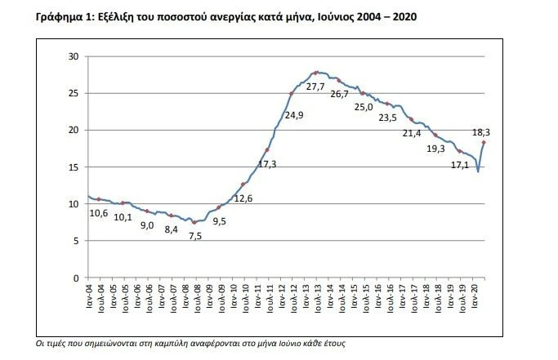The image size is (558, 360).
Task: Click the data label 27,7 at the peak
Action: [x=316, y=87]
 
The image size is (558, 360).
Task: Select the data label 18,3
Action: [x=482, y=132]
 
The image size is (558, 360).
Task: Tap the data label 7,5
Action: [x=195, y=236]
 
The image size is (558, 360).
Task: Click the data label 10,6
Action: [x=98, y=213]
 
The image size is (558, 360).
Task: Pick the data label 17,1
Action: [x=461, y=166]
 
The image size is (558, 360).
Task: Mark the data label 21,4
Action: [x=411, y=133]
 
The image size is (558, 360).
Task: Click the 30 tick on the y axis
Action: [x=74, y=56]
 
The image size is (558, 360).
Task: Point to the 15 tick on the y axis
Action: [x=74, y=167]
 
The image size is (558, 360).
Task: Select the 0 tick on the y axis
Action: [x=76, y=278]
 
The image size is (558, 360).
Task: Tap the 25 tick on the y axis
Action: [x=74, y=93]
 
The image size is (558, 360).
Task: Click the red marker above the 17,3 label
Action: [x=267, y=150]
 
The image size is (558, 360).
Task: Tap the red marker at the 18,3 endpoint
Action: [x=484, y=143]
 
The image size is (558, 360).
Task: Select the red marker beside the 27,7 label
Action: [x=315, y=73]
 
